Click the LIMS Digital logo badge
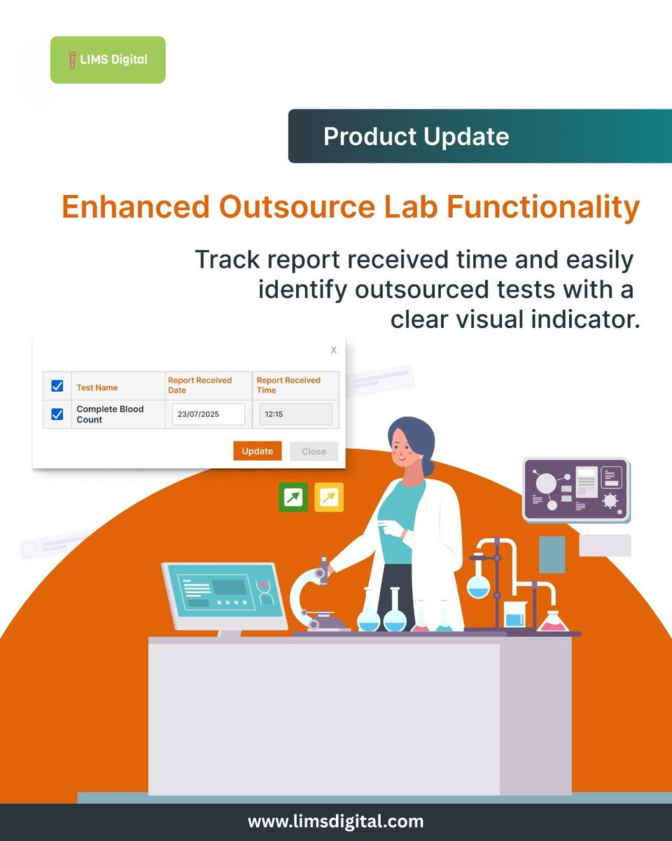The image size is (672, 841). click(108, 60)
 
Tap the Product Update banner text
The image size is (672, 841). click(416, 136)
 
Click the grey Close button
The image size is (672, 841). click(314, 451)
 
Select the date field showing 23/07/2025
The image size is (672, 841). click(208, 414)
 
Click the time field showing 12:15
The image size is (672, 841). click(295, 414)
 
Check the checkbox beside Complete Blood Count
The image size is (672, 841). click(57, 414)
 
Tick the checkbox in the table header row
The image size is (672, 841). click(57, 386)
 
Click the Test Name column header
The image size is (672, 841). click(97, 388)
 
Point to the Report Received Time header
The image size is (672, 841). click(288, 385)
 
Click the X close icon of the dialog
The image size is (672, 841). click(334, 350)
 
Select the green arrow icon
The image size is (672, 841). click(293, 497)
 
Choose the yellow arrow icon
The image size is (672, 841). click(329, 497)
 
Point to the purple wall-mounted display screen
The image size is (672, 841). click(576, 489)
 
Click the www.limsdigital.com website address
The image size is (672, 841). click(335, 821)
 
